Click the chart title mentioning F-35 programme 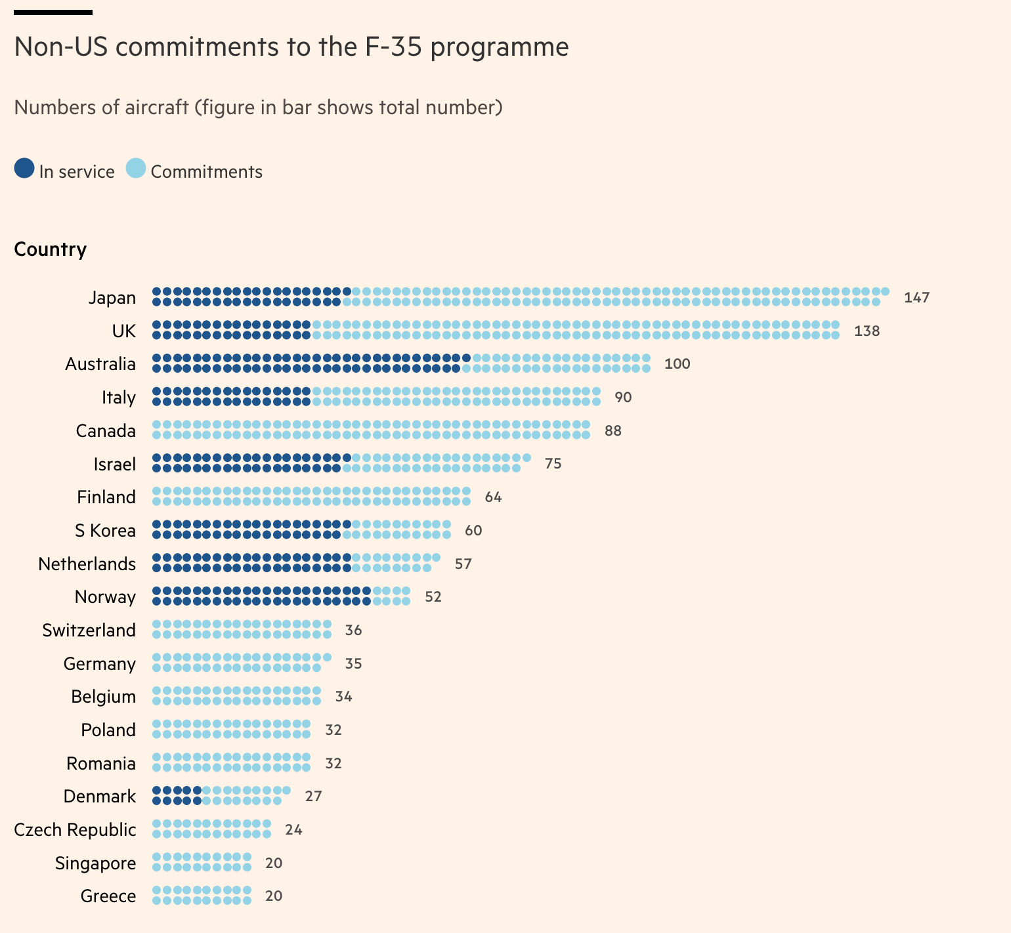[x=291, y=47]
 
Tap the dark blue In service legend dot [x=24, y=169]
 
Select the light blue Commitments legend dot [x=136, y=169]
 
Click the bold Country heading [x=51, y=250]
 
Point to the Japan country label [x=112, y=298]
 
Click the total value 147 [x=916, y=298]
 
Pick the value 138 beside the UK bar [x=867, y=331]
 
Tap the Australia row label [x=100, y=364]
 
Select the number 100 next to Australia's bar [x=677, y=364]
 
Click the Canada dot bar [x=371, y=430]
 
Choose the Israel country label [x=115, y=465]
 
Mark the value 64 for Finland [x=493, y=497]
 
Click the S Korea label [x=105, y=531]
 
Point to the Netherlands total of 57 [x=463, y=564]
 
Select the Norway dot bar [x=281, y=596]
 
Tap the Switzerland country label [x=89, y=631]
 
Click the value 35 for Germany [x=353, y=664]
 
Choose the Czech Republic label [x=75, y=830]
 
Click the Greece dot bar [x=202, y=896]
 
